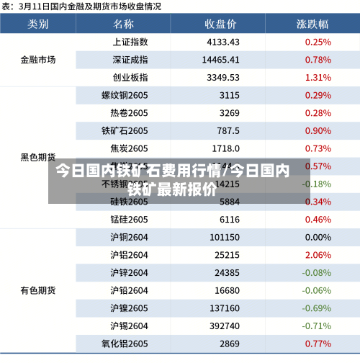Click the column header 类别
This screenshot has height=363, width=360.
(x=38, y=24)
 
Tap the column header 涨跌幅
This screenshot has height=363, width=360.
(x=312, y=24)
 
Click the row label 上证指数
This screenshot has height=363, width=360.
(x=130, y=42)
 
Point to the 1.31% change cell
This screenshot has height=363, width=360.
(x=318, y=77)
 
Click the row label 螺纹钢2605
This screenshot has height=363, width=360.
(x=125, y=95)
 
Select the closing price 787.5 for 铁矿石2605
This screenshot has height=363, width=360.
(x=228, y=130)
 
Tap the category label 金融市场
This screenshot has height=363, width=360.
(x=38, y=59)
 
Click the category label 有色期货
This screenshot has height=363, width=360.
(x=38, y=290)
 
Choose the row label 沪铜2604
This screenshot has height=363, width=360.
(x=129, y=237)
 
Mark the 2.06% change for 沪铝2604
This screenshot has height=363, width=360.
(x=318, y=255)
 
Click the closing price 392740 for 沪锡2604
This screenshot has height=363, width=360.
(x=225, y=326)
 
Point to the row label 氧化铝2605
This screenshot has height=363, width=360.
(x=125, y=344)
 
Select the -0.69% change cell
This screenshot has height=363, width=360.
(x=316, y=308)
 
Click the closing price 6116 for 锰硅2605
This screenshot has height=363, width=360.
(x=229, y=219)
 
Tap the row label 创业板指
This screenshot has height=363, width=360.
(x=130, y=77)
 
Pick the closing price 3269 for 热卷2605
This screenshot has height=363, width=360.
(x=229, y=113)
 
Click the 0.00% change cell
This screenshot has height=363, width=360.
(x=318, y=237)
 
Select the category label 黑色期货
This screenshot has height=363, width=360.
(x=38, y=157)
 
